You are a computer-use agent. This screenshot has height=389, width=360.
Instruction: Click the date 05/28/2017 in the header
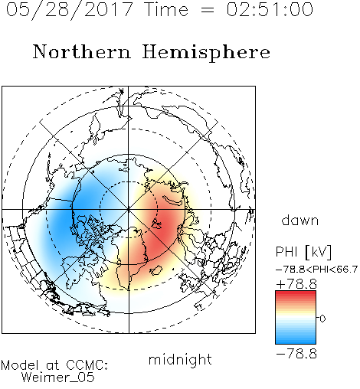(x=70, y=10)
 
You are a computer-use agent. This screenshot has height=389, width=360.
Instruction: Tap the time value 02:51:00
(x=270, y=9)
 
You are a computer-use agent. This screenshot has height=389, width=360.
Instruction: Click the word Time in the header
(x=166, y=9)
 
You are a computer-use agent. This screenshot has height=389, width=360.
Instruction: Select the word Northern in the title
(x=82, y=52)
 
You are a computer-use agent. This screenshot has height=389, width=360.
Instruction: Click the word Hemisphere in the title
(x=206, y=53)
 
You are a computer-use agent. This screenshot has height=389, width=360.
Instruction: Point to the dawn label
(x=300, y=220)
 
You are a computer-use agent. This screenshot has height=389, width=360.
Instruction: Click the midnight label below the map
(x=180, y=359)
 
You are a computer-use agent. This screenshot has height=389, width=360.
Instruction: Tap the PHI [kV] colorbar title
(x=303, y=252)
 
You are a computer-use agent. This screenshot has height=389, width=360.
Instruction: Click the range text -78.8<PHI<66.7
(x=317, y=270)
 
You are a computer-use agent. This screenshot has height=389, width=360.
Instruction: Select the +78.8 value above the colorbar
(x=296, y=284)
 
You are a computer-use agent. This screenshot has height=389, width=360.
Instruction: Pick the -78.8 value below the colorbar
(x=296, y=354)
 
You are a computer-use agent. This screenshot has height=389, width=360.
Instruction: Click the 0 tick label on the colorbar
(x=322, y=319)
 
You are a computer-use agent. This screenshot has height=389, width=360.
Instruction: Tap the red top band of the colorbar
(x=296, y=293)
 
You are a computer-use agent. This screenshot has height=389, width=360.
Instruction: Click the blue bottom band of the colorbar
(x=296, y=341)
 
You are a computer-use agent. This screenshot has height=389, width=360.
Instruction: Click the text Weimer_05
(x=57, y=378)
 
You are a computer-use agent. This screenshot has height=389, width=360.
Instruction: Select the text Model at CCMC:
(x=54, y=365)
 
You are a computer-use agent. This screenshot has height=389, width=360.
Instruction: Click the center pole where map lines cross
(x=129, y=210)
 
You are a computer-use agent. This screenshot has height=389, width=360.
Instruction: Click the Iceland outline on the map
(x=156, y=270)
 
